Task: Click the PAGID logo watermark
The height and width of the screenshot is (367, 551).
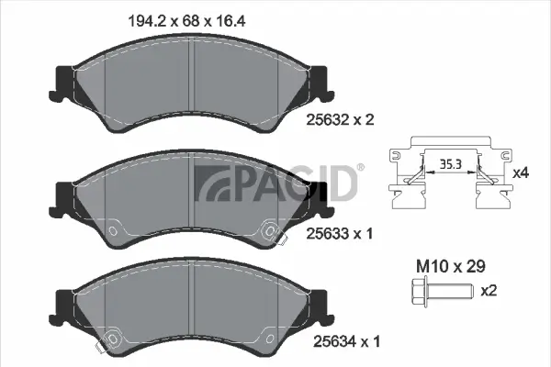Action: (x=275, y=183)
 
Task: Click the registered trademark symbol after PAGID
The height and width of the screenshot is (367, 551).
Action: (x=360, y=168)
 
